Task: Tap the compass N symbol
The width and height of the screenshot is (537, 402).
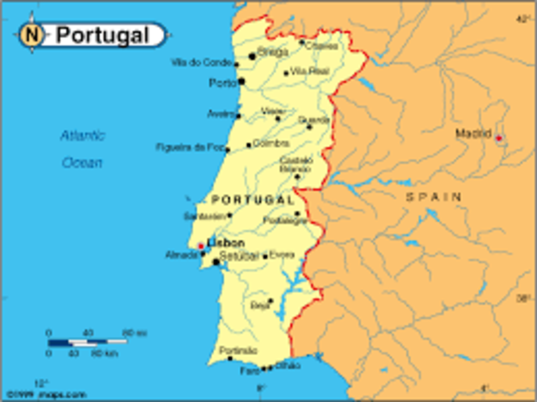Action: [32, 35]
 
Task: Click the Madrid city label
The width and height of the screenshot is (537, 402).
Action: [472, 133]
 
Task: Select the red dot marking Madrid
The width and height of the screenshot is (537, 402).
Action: [498, 138]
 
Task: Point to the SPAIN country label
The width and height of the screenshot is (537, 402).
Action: [433, 196]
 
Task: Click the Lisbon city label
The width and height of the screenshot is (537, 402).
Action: [226, 243]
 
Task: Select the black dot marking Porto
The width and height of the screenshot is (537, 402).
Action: [242, 81]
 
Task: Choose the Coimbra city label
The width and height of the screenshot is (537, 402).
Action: [270, 144]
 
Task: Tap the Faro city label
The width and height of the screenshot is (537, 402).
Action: [249, 370]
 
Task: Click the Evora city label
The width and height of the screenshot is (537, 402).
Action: [282, 254]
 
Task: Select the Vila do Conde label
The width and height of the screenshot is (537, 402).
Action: [201, 62]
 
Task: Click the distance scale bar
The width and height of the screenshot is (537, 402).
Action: [87, 342]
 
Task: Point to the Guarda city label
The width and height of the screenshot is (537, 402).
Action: [318, 120]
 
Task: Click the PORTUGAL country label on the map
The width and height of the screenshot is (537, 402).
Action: [253, 200]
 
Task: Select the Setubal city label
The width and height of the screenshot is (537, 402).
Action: [239, 256]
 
